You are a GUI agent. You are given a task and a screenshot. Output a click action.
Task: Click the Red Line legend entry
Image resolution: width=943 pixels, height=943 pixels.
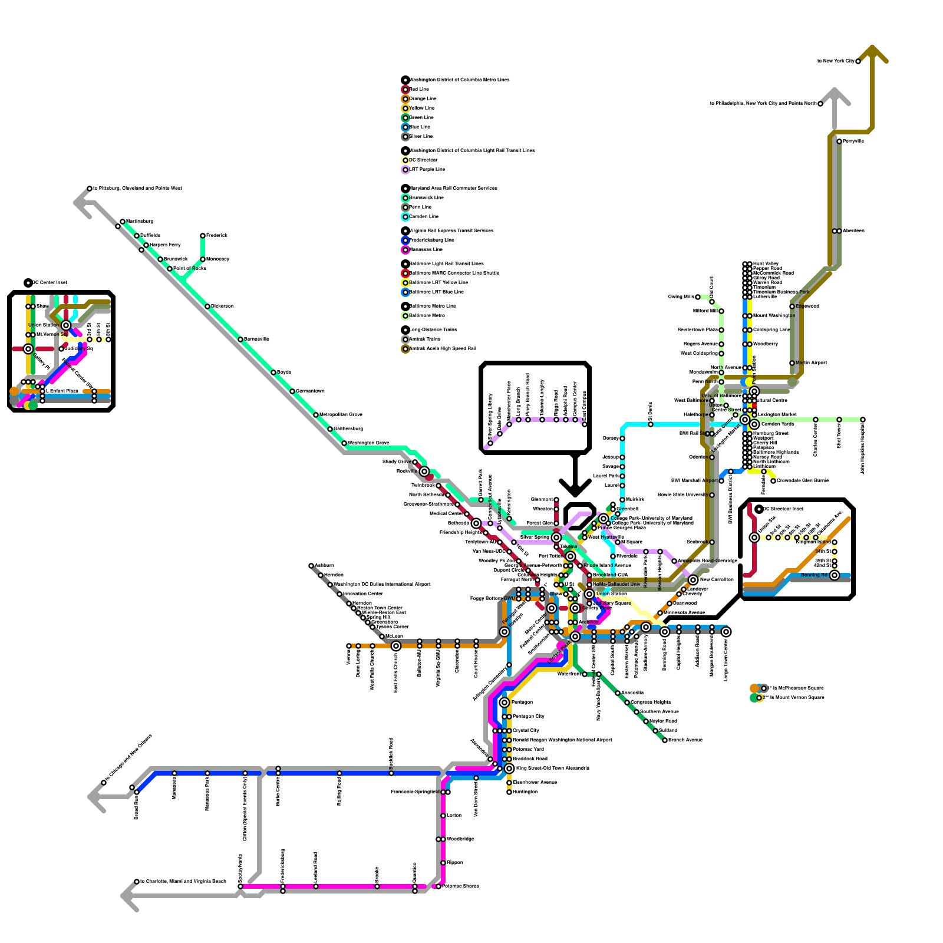coord(419,90)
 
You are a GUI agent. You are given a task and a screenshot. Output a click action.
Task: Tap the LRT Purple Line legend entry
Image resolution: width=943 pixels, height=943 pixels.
coord(427,170)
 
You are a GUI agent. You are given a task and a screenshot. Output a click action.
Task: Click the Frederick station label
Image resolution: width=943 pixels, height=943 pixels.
coord(217,236)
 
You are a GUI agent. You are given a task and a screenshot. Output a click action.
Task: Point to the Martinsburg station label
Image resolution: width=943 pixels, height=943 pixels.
coord(140,222)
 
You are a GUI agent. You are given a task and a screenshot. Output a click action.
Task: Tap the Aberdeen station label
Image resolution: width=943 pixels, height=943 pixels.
coord(853,231)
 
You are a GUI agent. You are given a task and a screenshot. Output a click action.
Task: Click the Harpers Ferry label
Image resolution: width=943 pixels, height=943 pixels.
coord(165,245)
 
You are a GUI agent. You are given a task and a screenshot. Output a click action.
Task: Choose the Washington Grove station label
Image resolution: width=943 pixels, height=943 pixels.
coord(368,443)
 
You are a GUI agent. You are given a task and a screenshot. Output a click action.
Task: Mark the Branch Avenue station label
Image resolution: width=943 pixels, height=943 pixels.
coord(685,740)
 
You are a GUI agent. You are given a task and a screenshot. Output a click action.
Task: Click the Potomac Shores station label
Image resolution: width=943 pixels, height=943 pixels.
coord(461,886)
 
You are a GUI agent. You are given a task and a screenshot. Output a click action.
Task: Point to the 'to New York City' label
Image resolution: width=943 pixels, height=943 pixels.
coord(836,61)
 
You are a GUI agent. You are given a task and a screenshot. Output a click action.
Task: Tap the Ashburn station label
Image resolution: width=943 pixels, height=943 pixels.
coord(324,566)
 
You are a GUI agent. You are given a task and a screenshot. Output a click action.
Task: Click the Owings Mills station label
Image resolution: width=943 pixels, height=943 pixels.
coord(681,297)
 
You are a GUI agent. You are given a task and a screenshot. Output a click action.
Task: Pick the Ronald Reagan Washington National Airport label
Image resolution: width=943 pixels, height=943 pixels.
coord(562,740)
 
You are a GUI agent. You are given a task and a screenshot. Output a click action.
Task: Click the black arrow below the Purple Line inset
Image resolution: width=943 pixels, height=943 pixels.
coord(575,477)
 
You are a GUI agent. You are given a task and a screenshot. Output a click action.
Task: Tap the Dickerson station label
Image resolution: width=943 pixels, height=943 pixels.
coord(222,306)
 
